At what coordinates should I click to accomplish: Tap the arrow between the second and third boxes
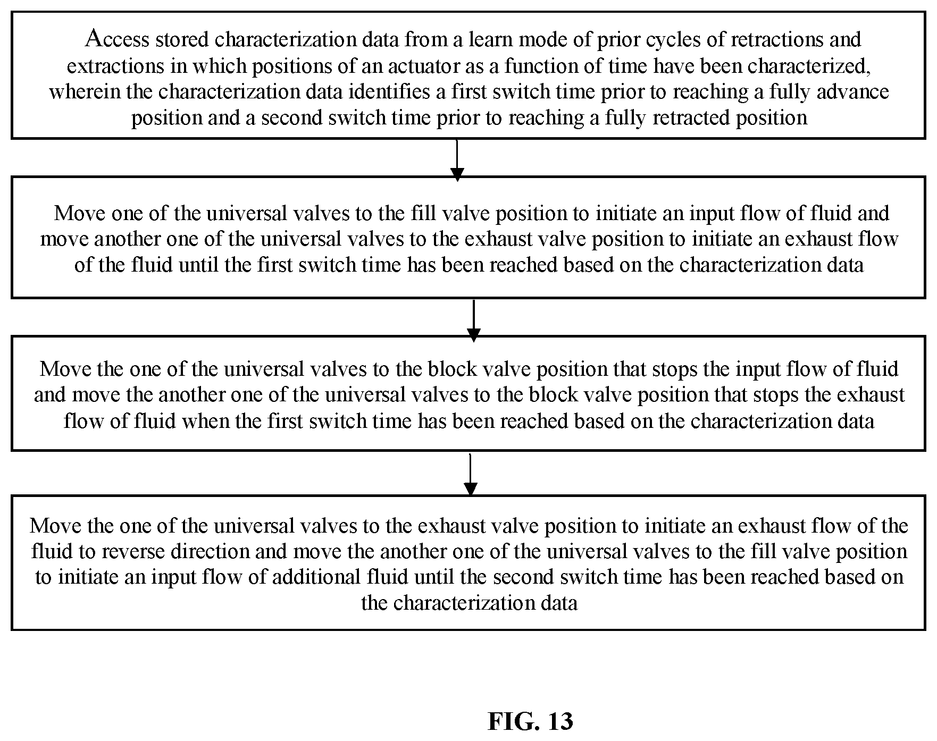pos(473,321)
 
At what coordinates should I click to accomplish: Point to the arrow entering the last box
pos(470,475)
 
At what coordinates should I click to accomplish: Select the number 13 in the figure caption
pos(555,721)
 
